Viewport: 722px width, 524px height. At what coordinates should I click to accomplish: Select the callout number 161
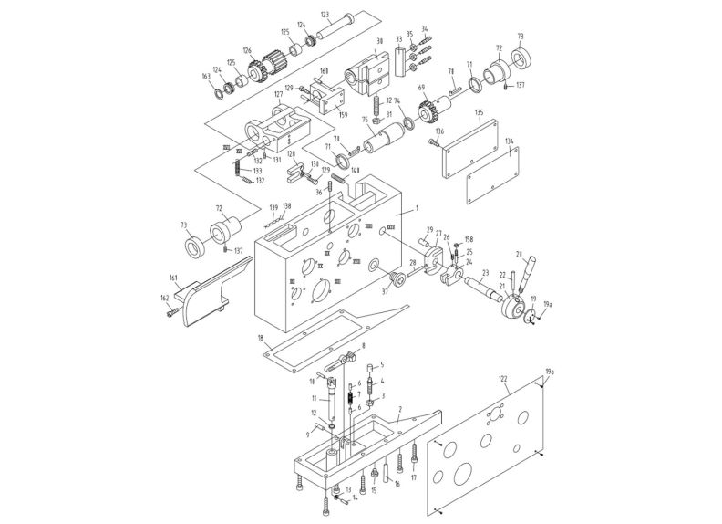coord(173,278)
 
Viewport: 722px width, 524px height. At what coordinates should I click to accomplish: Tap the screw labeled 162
coord(172,312)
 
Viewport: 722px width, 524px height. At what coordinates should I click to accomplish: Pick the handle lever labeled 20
coord(524,275)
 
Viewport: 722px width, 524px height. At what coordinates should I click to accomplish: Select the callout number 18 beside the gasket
coord(261,338)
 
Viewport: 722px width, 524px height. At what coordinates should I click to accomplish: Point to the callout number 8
coord(363,346)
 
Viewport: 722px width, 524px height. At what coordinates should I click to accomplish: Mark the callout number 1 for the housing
coord(413,211)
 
